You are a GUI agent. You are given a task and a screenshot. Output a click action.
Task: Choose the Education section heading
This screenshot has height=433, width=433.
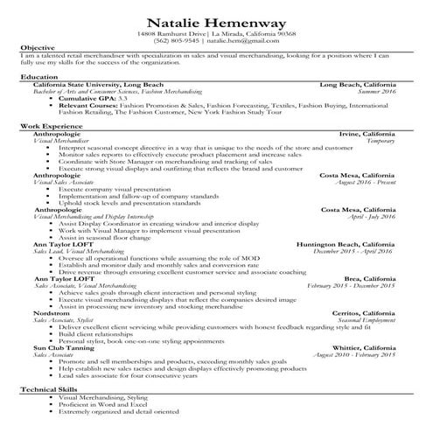click(38, 77)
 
